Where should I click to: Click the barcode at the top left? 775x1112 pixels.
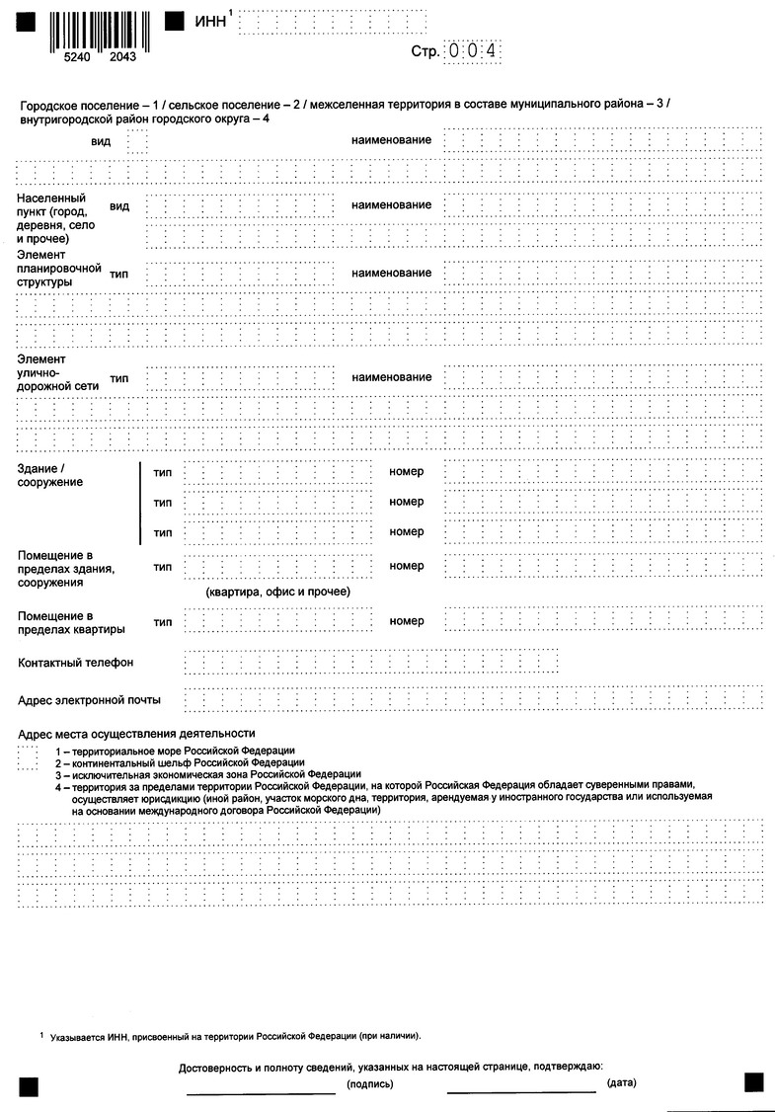pyautogui.click(x=95, y=31)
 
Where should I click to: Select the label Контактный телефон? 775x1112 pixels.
pyautogui.click(x=76, y=662)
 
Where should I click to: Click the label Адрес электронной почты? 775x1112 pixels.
pyautogui.click(x=90, y=700)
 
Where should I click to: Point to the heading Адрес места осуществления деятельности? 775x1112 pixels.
pyautogui.click(x=136, y=734)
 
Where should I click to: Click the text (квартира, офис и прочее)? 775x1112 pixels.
pyautogui.click(x=278, y=592)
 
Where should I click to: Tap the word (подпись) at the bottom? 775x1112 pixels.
pyautogui.click(x=370, y=1083)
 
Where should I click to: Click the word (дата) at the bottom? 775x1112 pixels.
pyautogui.click(x=621, y=1083)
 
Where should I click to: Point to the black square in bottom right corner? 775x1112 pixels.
pyautogui.click(x=754, y=1081)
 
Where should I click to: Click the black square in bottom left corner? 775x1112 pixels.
pyautogui.click(x=27, y=1086)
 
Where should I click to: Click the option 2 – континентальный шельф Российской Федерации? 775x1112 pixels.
pyautogui.click(x=180, y=762)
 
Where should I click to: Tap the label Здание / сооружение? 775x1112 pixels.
pyautogui.click(x=50, y=474)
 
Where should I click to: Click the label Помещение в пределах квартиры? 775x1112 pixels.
pyautogui.click(x=71, y=622)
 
